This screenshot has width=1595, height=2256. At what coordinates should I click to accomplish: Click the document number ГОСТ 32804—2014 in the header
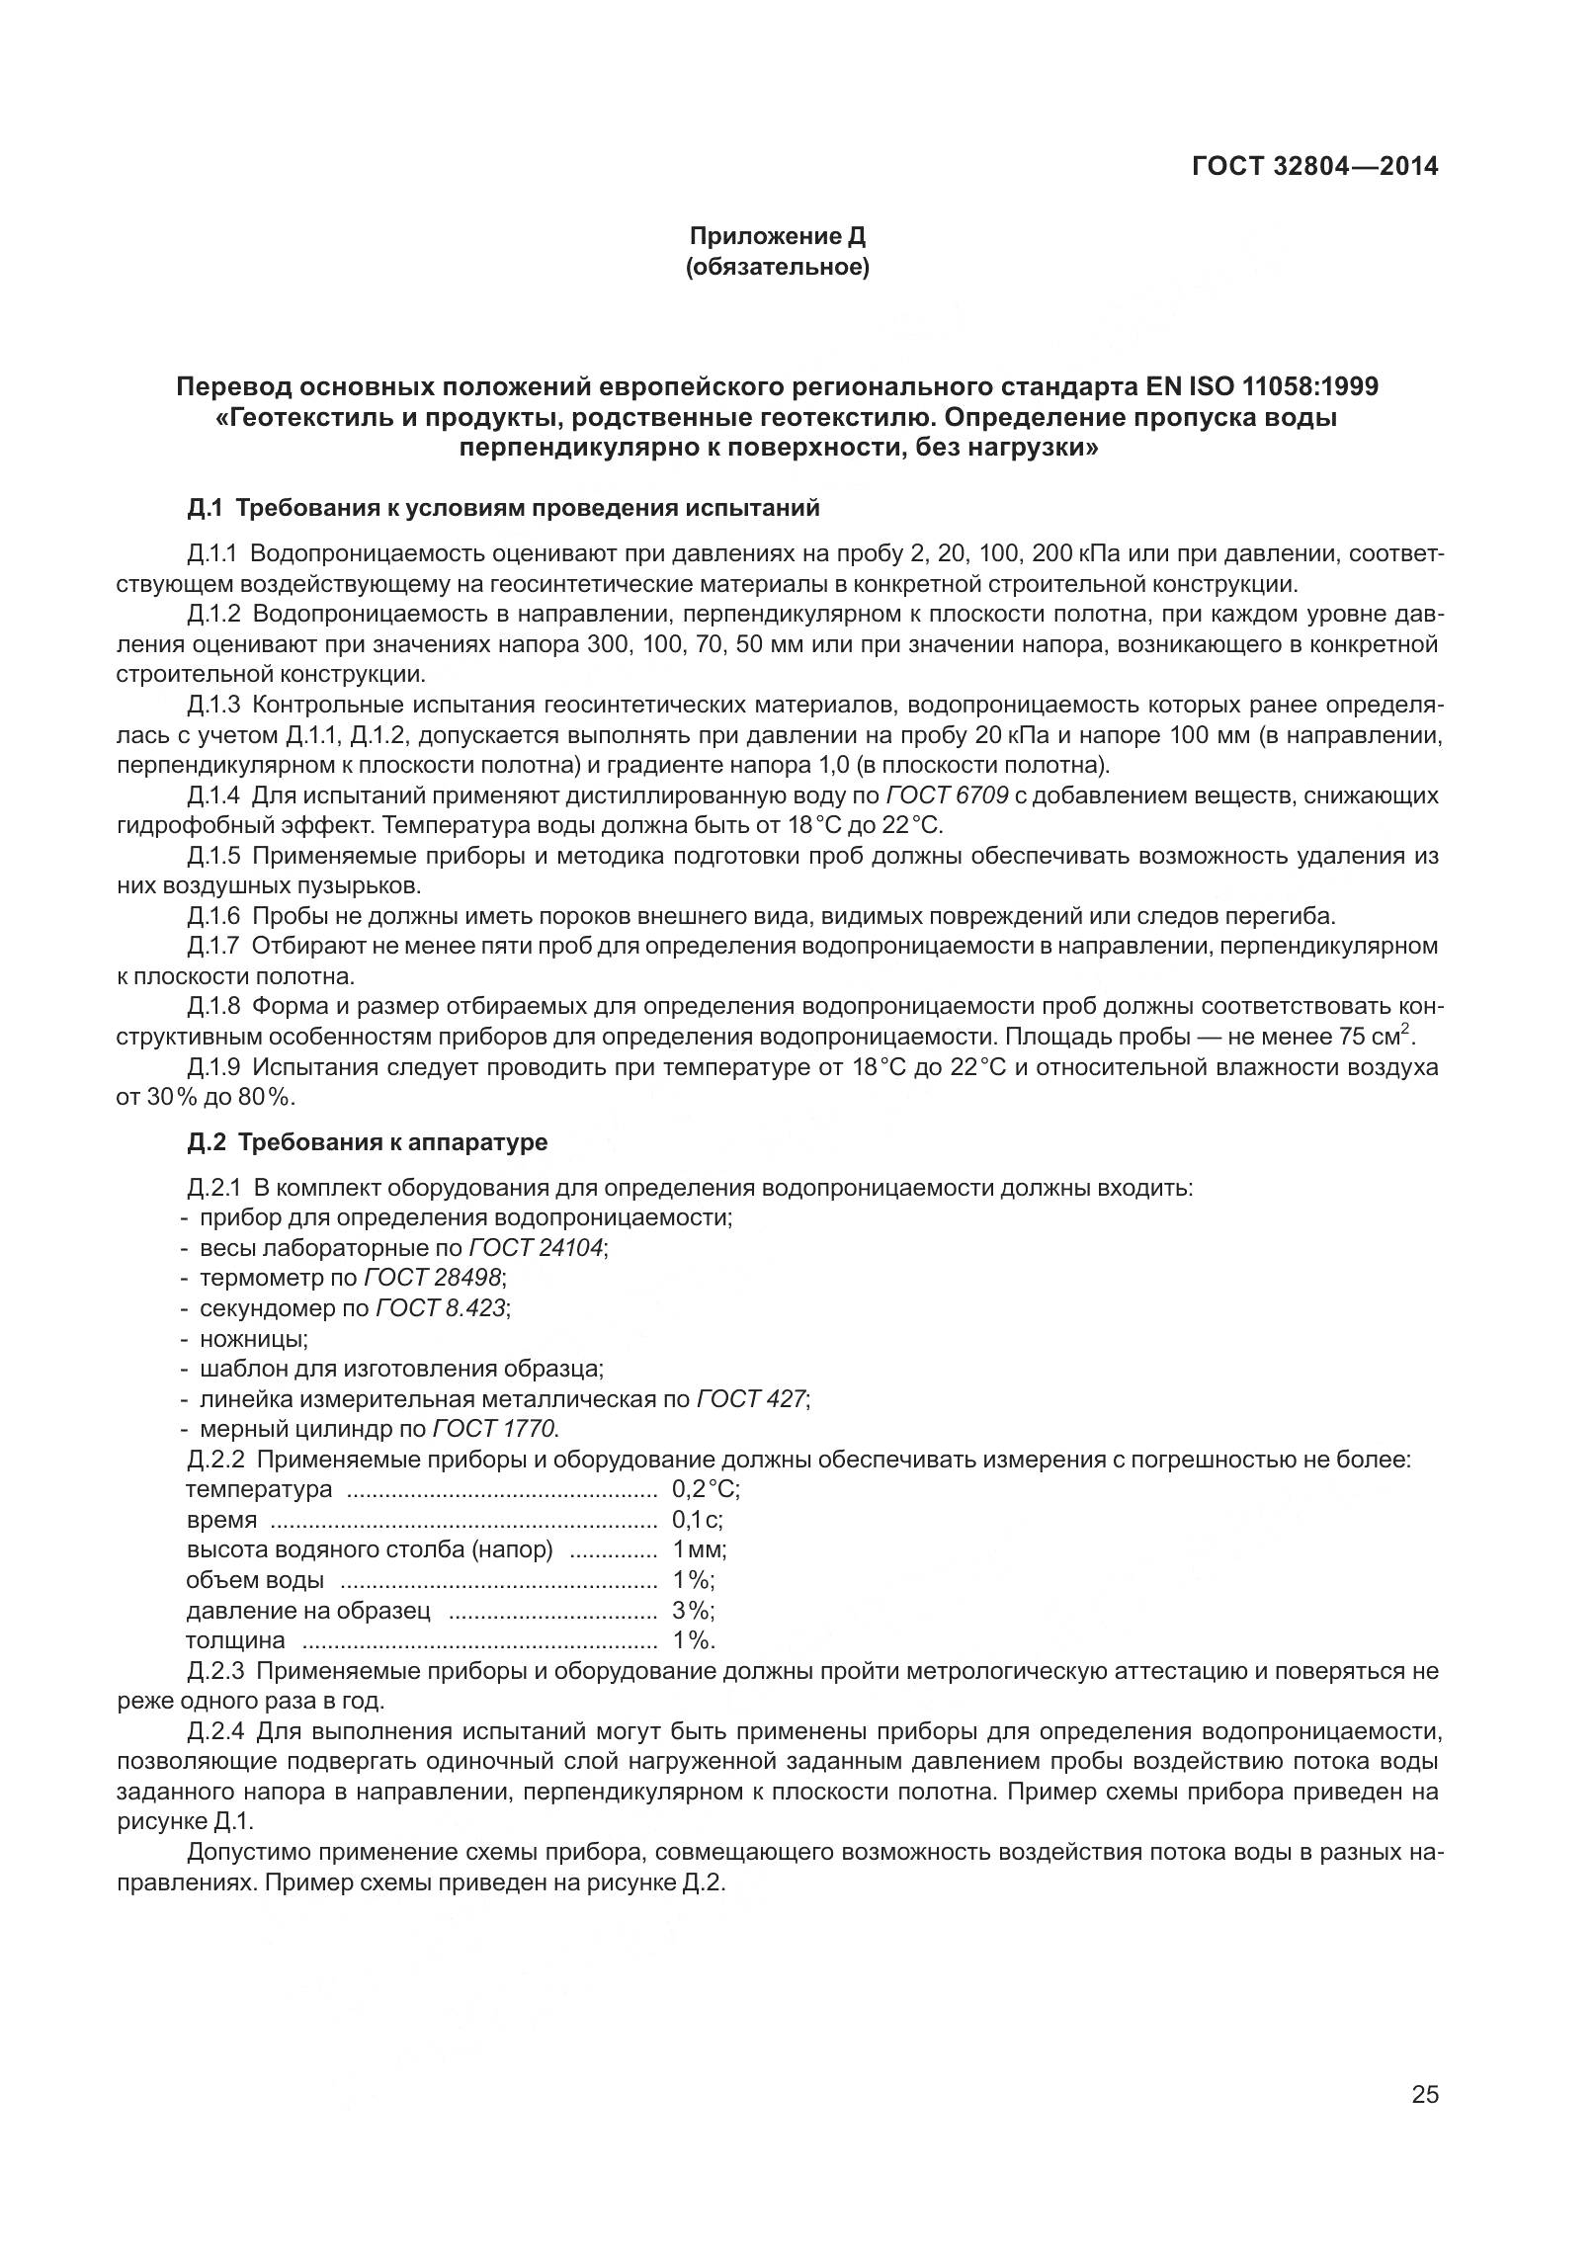tap(1315, 166)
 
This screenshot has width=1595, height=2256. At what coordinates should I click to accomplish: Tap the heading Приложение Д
tap(777, 236)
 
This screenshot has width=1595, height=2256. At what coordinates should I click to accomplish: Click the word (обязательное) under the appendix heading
tap(777, 268)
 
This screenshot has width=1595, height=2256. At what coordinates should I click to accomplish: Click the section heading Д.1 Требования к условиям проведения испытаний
tap(503, 509)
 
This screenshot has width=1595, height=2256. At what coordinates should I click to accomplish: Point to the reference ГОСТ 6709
tap(947, 795)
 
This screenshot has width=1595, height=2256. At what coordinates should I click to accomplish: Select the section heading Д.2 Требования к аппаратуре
tap(367, 1142)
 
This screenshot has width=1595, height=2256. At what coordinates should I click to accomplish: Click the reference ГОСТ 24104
tap(536, 1248)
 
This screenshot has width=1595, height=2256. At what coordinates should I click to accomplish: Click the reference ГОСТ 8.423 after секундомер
tap(440, 1308)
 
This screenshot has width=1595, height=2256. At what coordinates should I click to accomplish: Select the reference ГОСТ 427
tap(751, 1399)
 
